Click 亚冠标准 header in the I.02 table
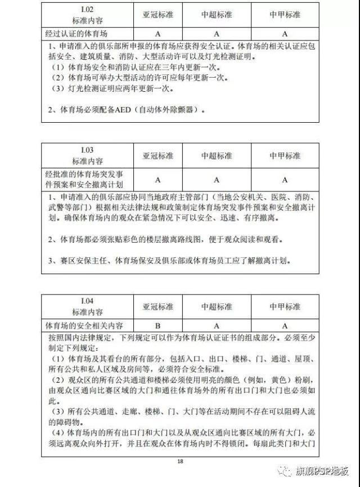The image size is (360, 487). point(158,13)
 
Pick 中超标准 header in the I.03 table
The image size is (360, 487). point(217,155)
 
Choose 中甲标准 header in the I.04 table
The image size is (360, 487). point(285,307)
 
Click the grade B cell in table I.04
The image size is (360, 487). point(158,325)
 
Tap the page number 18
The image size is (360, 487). point(180,462)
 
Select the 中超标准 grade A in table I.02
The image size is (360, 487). point(217,33)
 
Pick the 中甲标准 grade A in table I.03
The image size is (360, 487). point(285,180)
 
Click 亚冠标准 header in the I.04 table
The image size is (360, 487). point(158,307)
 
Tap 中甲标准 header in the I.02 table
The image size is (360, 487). point(285,13)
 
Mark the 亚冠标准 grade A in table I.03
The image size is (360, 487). point(158,180)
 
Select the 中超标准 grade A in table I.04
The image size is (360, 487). point(217,325)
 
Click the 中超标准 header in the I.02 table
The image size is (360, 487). point(217,13)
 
